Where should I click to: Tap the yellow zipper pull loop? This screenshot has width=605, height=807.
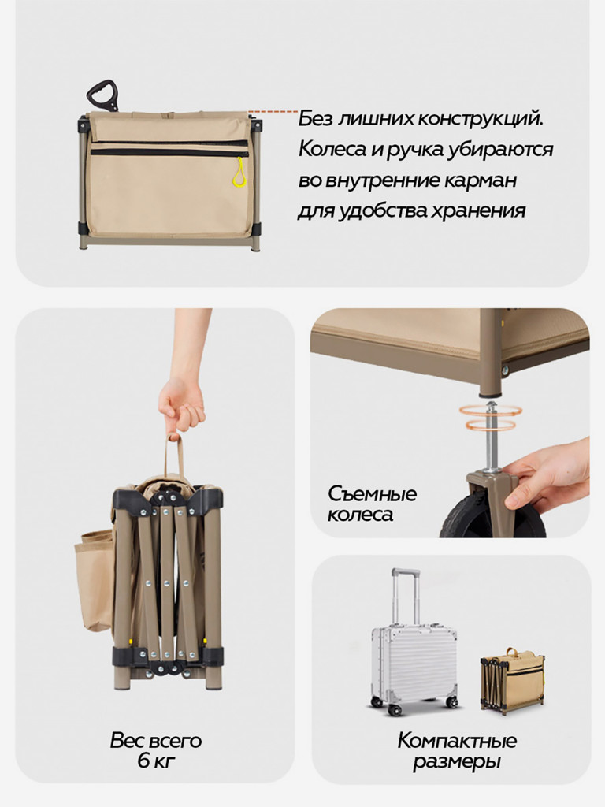click(239, 173)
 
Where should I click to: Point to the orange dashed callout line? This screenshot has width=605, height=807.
click(273, 113)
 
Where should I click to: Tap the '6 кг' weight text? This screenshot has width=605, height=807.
click(155, 761)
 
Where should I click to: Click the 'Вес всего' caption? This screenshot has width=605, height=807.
click(156, 741)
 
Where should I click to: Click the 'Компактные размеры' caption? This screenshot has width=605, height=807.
click(457, 751)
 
